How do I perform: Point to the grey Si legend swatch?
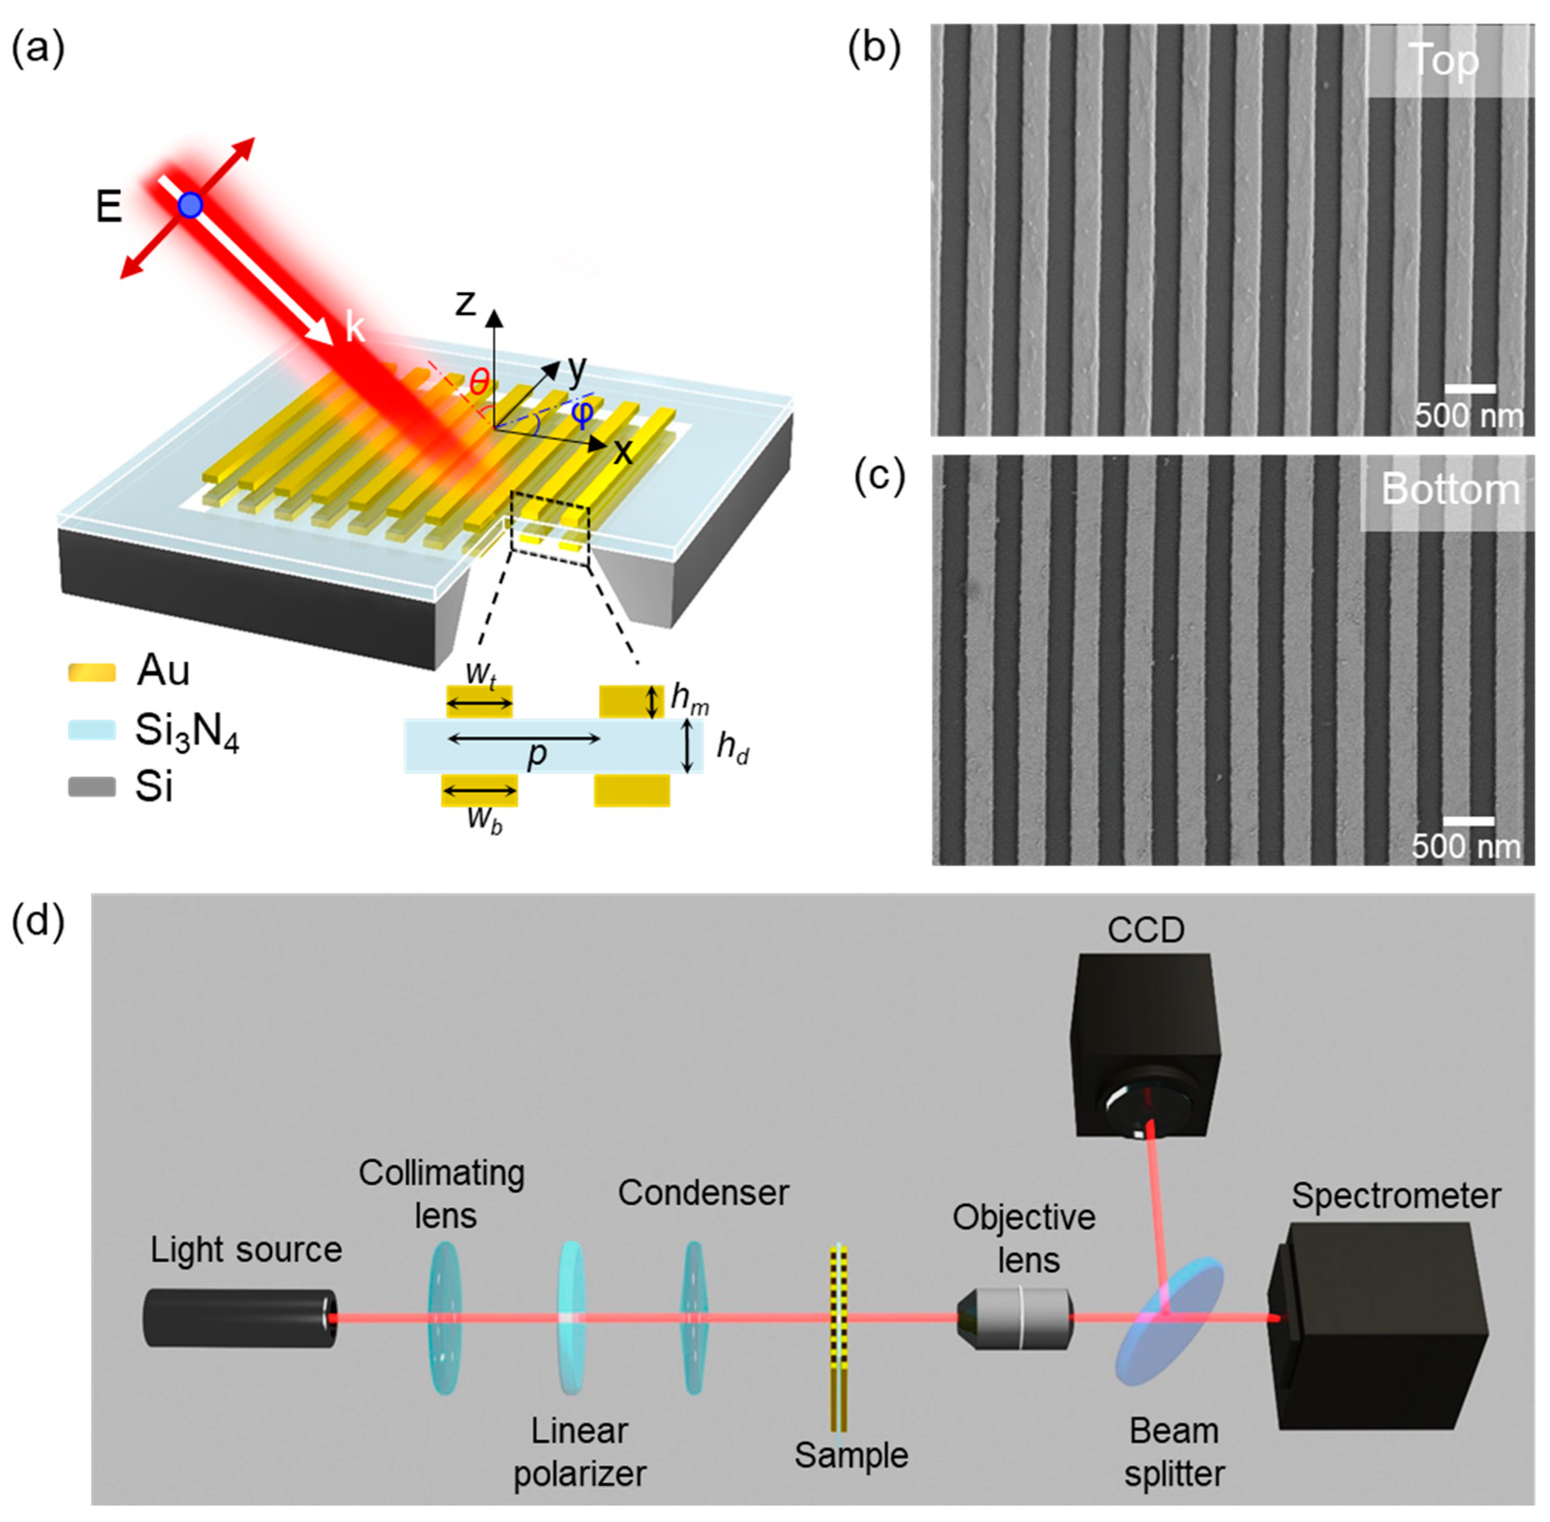point(92,787)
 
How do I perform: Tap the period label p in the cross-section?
point(538,754)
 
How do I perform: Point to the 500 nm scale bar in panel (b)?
point(1469,389)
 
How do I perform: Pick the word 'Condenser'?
point(702,1193)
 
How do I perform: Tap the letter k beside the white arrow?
point(355,328)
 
